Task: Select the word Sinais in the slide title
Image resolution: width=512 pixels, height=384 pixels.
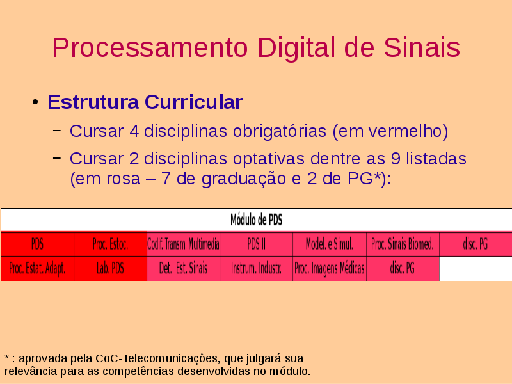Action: (x=422, y=47)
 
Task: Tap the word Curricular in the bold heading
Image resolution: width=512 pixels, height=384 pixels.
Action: (x=194, y=102)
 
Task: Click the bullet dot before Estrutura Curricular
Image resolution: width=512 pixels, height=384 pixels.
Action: (x=35, y=102)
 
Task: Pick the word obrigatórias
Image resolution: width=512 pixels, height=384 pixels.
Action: (x=280, y=132)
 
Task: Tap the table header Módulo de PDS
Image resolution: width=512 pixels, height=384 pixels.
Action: (x=257, y=220)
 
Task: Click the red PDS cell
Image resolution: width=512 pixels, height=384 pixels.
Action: (x=37, y=244)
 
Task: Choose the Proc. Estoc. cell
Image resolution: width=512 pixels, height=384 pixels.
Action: (x=110, y=244)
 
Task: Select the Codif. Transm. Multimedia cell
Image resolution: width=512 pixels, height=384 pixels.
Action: (x=183, y=244)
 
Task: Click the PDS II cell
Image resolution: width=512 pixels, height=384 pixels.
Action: (x=257, y=244)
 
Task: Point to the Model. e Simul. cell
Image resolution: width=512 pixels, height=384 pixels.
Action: (x=330, y=244)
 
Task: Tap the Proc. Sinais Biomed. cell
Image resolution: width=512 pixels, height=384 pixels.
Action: (x=403, y=244)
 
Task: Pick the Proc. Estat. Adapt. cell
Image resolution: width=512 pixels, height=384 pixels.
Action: (x=37, y=269)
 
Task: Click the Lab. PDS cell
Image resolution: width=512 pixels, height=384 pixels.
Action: (x=110, y=269)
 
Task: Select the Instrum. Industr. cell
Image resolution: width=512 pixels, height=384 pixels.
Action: (x=257, y=269)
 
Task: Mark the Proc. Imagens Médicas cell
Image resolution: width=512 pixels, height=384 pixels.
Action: (x=330, y=269)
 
